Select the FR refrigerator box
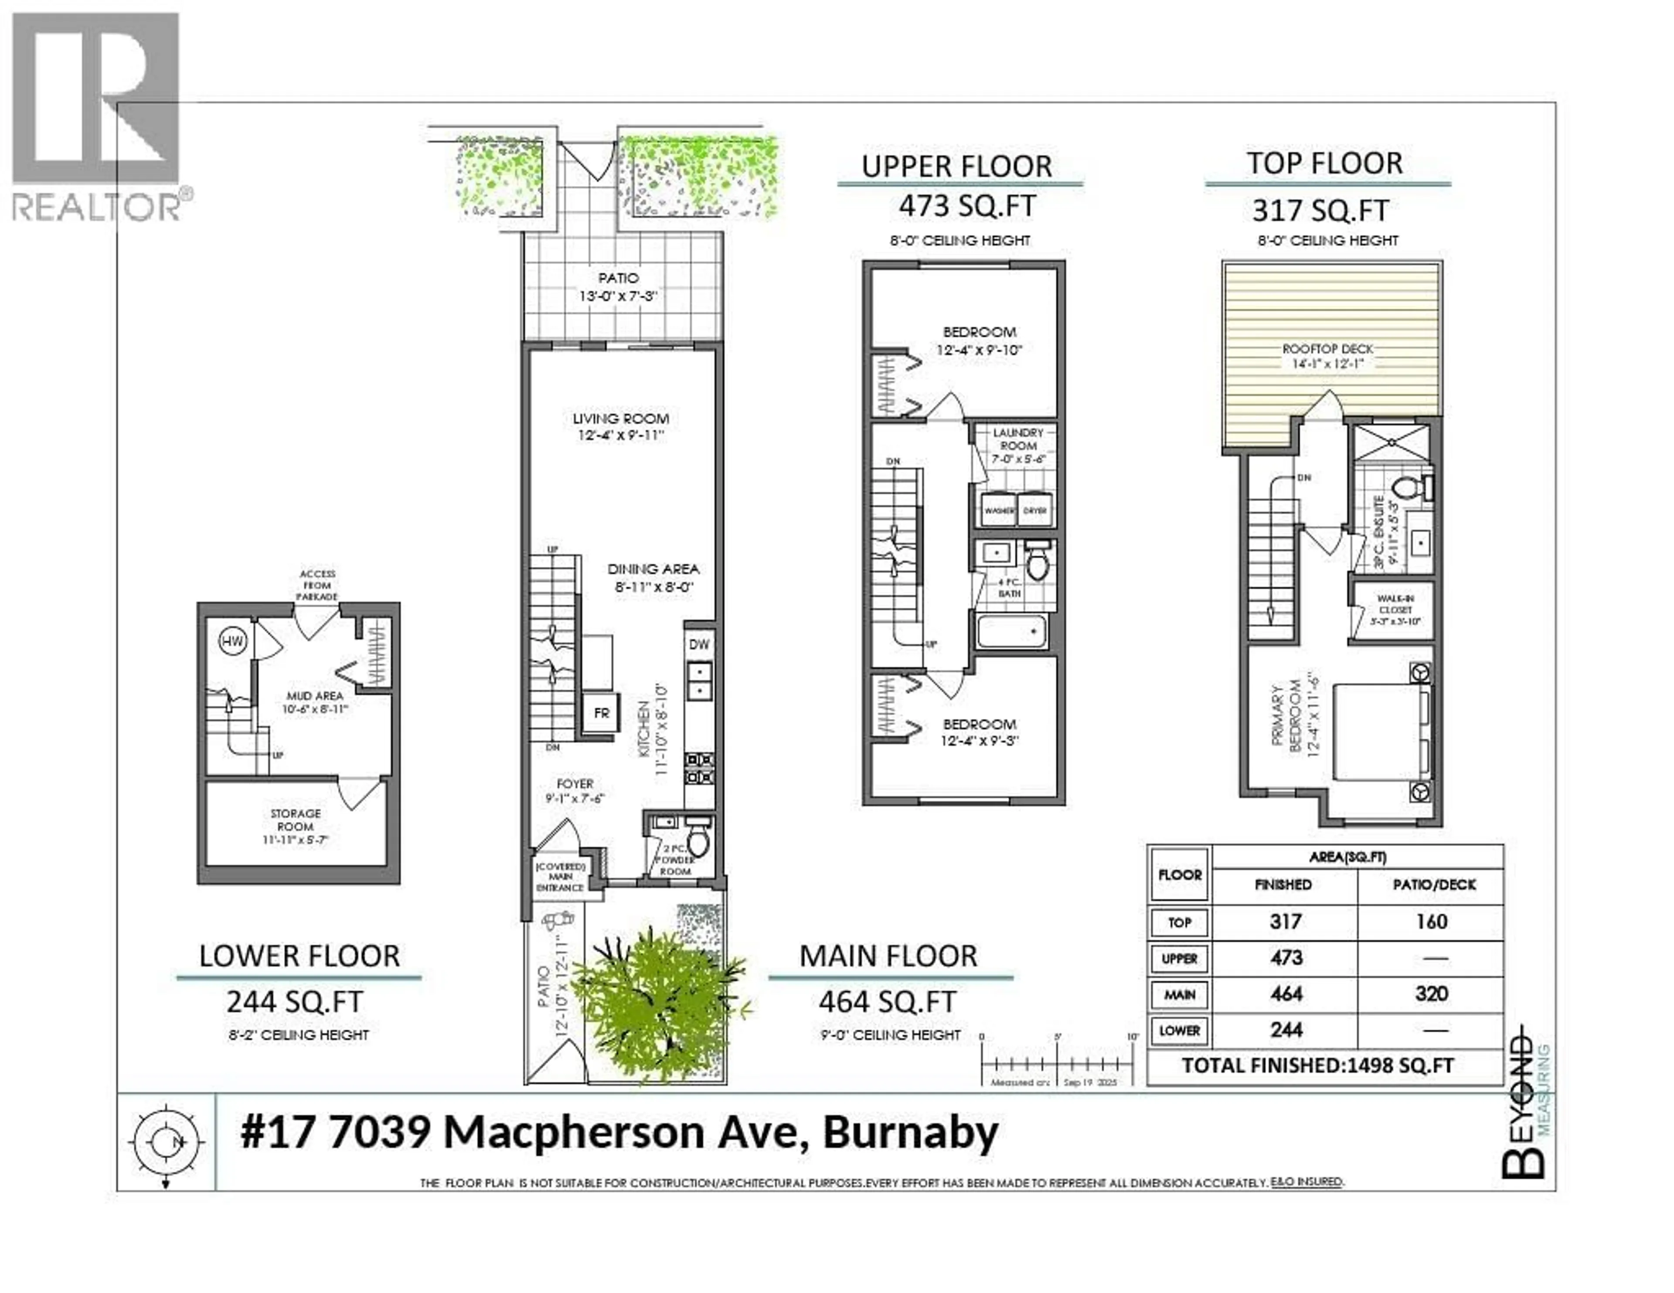point(601,713)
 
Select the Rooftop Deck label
point(1327,356)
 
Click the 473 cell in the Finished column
point(1286,958)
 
